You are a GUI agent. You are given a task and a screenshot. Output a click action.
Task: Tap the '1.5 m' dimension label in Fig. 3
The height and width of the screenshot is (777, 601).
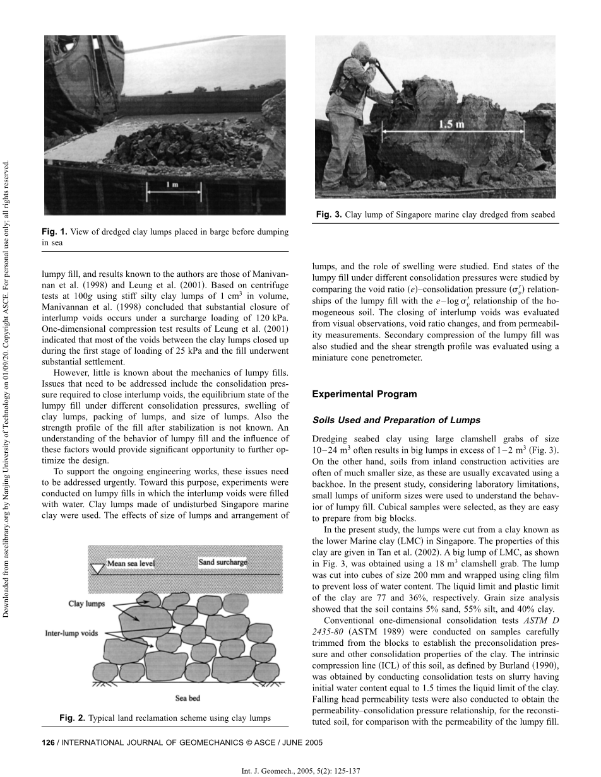pos(452,124)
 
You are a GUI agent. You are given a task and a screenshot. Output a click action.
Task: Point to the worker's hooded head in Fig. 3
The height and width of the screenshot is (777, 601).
pos(359,50)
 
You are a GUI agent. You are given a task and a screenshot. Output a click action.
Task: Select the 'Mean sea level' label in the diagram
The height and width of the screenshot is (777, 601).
pos(130,563)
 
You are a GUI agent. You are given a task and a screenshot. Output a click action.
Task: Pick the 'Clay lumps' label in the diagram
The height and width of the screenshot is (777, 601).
pos(86,604)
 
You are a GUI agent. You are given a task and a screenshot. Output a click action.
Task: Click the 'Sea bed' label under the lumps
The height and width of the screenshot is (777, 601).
pos(187,698)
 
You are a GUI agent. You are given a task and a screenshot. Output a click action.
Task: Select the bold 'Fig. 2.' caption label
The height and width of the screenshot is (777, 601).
pos(72,718)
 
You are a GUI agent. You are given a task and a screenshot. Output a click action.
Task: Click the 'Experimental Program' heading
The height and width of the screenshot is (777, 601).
pos(364,394)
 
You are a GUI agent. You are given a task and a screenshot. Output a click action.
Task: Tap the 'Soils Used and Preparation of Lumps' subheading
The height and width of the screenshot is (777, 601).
pos(396,420)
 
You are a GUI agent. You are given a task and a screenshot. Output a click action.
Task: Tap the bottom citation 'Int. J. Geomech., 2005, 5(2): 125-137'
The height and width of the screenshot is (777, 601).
pos(300,771)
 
